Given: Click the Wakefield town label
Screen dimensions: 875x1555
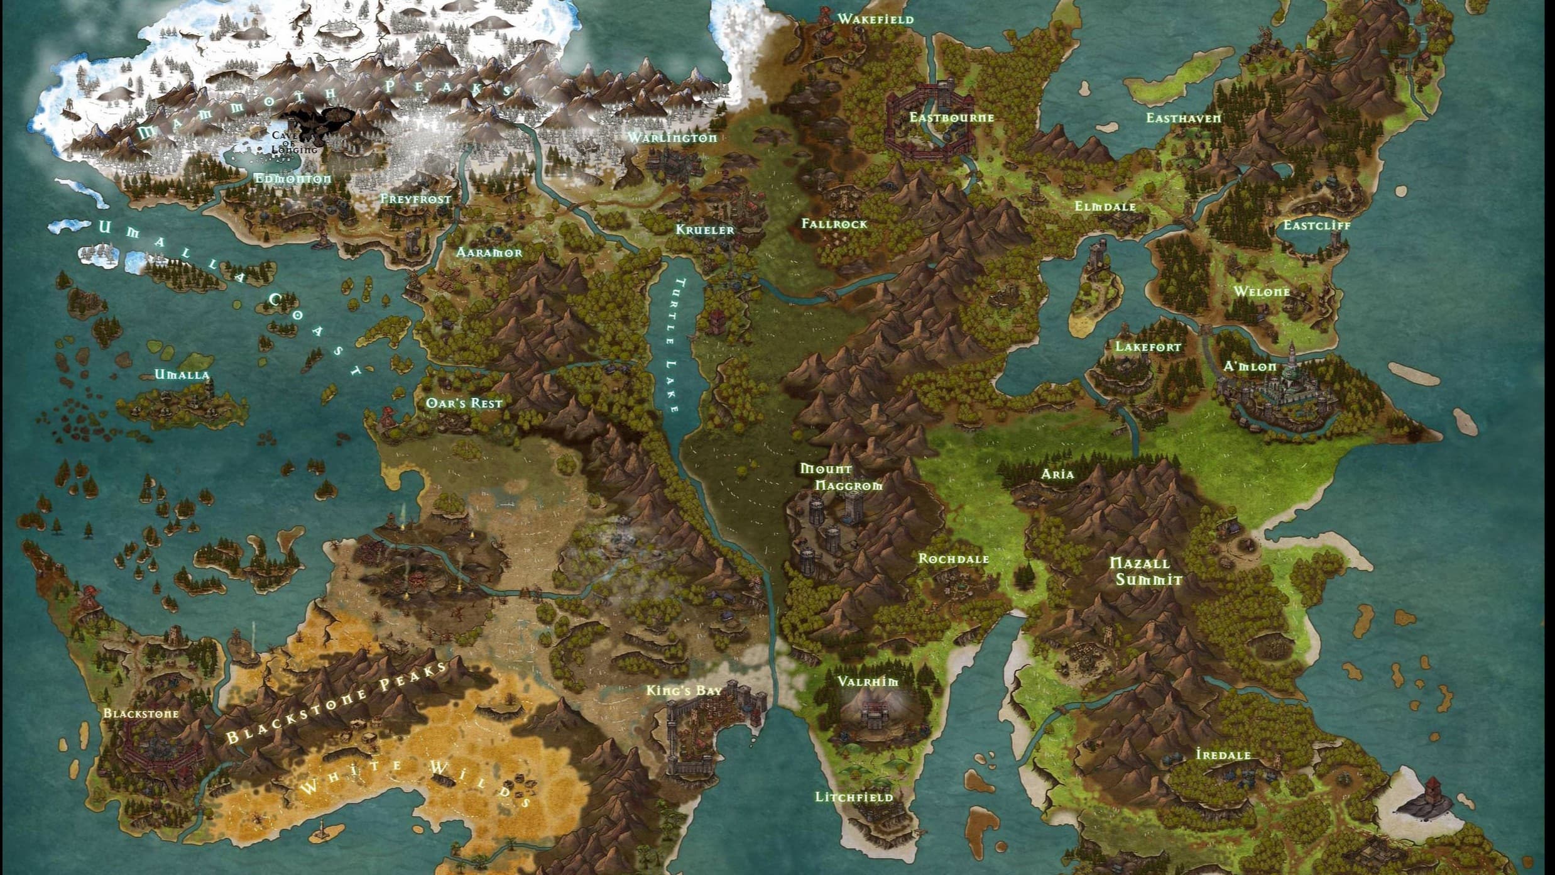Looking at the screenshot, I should [x=875, y=19].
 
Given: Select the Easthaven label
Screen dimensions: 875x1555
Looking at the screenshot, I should [x=1183, y=118].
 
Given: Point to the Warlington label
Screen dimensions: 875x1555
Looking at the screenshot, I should [x=672, y=138].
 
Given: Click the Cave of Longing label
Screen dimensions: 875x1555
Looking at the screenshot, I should [x=293, y=143].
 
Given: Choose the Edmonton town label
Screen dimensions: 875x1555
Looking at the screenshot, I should [x=292, y=179].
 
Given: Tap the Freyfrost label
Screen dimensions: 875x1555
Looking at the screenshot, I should [x=415, y=199].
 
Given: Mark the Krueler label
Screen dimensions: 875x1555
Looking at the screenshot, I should [x=704, y=230].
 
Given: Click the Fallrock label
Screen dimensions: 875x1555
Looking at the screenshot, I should [x=834, y=224].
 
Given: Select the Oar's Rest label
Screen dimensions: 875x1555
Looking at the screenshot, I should [x=464, y=403].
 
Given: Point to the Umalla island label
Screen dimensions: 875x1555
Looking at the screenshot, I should [x=182, y=375].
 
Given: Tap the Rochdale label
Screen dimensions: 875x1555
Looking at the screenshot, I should [x=953, y=559].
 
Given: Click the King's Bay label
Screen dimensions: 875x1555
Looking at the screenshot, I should [x=684, y=691].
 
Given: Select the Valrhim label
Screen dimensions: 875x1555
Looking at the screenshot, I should [x=868, y=681].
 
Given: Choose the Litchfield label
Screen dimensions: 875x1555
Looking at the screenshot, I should [x=853, y=797].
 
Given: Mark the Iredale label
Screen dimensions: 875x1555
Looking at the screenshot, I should [x=1223, y=754].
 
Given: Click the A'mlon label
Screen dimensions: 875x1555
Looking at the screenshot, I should [x=1250, y=366].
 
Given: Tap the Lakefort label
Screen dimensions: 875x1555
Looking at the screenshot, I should [x=1147, y=347].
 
